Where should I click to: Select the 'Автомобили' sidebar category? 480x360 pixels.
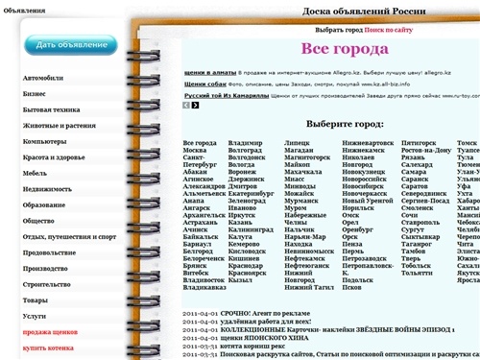pyautogui.click(x=46, y=76)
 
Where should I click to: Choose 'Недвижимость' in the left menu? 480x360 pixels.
pyautogui.click(x=48, y=189)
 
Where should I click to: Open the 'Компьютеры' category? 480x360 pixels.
pyautogui.click(x=45, y=142)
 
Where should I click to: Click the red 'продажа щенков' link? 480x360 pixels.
pyautogui.click(x=51, y=331)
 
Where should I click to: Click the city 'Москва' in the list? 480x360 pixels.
pyautogui.click(x=194, y=151)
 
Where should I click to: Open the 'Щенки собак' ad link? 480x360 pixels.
pyautogui.click(x=205, y=84)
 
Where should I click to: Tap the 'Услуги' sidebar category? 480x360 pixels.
pyautogui.click(x=35, y=315)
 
